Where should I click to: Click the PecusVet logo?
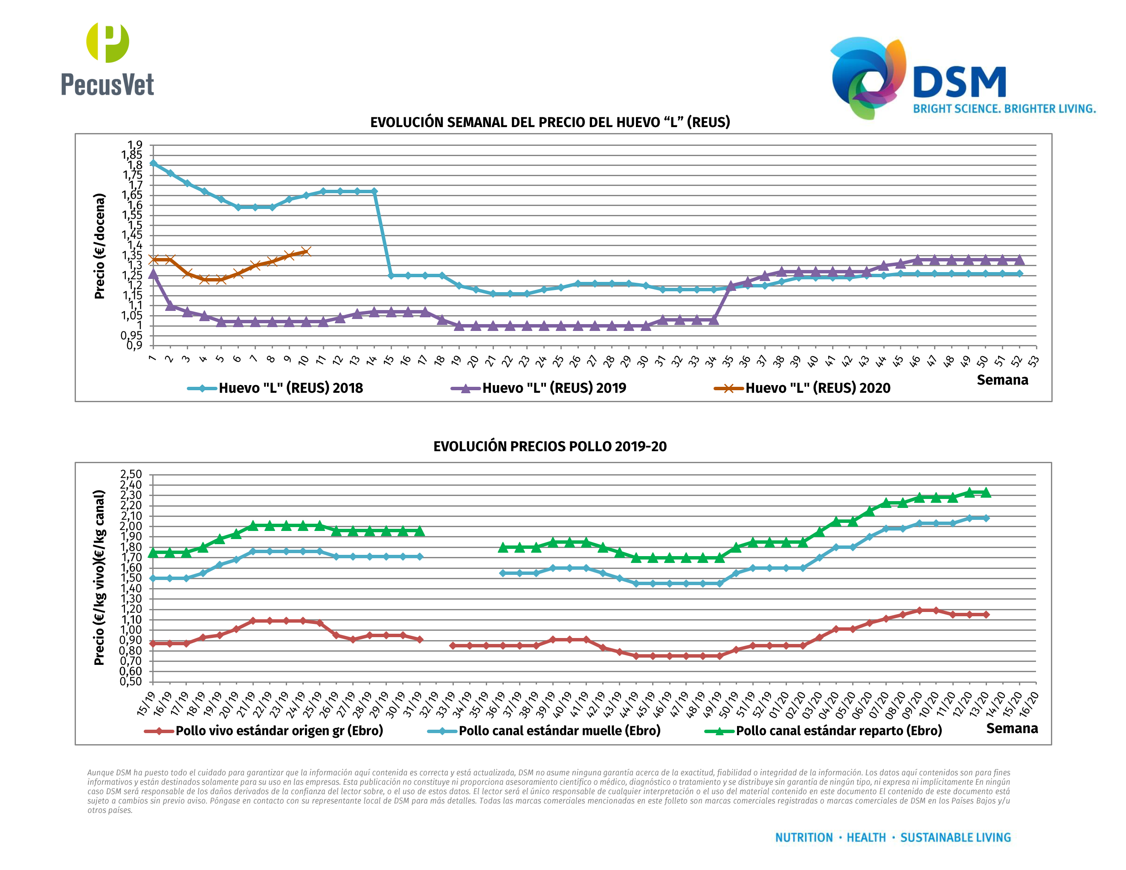(x=107, y=59)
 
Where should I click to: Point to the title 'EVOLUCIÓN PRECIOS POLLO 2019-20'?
(x=550, y=447)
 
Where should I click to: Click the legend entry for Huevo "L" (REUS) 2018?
(x=276, y=388)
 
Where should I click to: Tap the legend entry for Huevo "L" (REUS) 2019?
(x=539, y=388)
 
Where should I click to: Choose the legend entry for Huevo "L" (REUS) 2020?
(x=802, y=388)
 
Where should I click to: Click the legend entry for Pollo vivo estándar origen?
(x=264, y=731)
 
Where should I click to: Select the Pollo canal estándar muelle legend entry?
(x=544, y=731)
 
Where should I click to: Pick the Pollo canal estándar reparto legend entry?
(x=823, y=731)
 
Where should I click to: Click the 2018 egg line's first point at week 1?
(x=153, y=163)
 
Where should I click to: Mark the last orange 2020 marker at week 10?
(x=306, y=252)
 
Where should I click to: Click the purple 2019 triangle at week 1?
(x=153, y=274)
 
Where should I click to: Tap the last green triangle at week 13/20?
(x=986, y=493)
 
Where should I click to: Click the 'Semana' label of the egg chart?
(x=1002, y=380)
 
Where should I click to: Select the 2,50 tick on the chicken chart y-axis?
(x=131, y=474)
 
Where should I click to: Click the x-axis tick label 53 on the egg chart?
(x=1033, y=361)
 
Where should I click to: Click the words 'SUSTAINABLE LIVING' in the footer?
(x=955, y=838)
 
